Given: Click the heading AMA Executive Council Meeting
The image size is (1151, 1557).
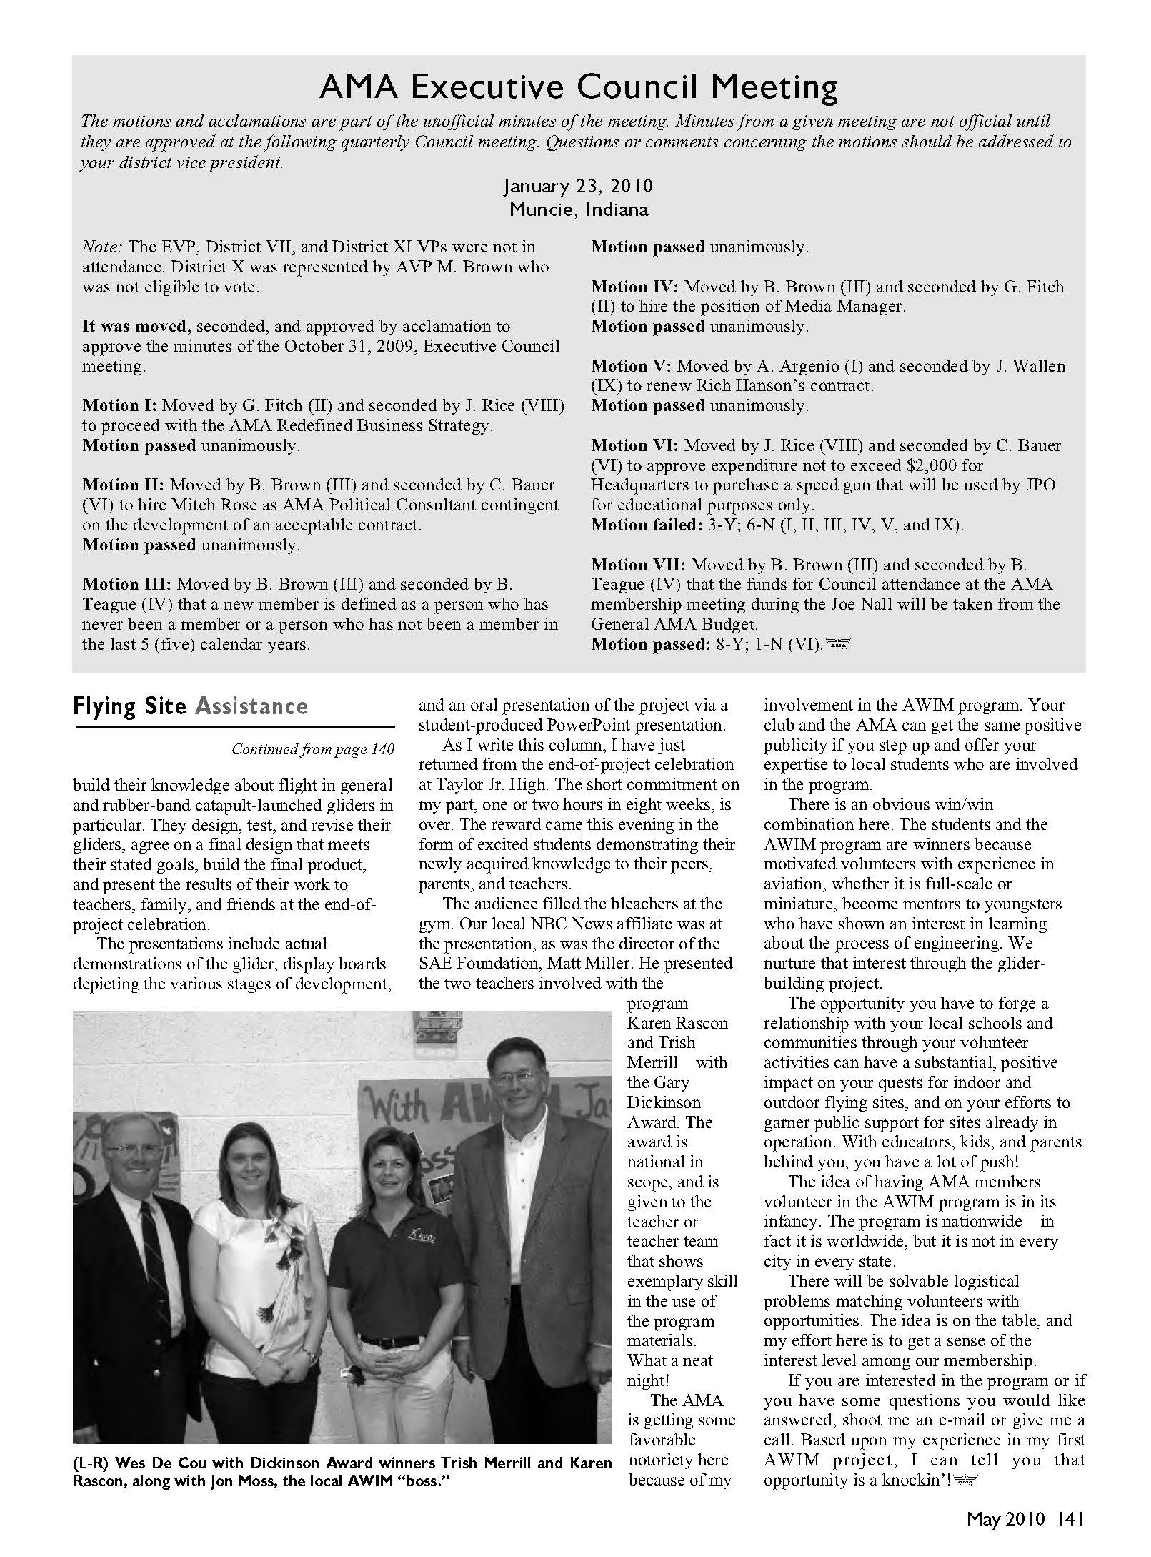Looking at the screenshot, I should point(578,87).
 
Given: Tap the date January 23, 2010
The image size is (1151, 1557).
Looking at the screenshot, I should point(578,187).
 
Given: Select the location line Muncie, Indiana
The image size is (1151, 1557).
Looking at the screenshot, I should point(578,209).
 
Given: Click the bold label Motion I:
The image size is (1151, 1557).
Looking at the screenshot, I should point(119,405).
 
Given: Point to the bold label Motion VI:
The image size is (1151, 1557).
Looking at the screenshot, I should point(634,445).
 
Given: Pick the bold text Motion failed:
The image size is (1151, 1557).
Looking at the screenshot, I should point(643,525).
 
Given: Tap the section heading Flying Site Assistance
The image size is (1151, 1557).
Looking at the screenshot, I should point(190,706).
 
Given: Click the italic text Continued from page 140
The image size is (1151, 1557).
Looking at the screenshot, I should point(312,749).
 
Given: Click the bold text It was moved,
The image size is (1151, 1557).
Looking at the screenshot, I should point(136,326).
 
